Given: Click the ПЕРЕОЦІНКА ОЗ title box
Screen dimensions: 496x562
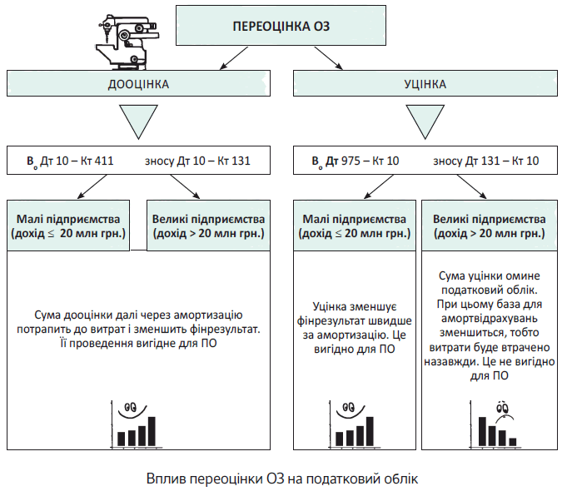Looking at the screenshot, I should pyautogui.click(x=280, y=25).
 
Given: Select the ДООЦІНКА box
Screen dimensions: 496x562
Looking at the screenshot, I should pyautogui.click(x=139, y=84).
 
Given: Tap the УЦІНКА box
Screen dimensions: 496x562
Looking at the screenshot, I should pyautogui.click(x=425, y=84).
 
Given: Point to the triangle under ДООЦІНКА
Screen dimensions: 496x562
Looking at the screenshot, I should pyautogui.click(x=140, y=121).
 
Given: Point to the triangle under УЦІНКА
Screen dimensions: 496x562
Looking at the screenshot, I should pyautogui.click(x=425, y=121).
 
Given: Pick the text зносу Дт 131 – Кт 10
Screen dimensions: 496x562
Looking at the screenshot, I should pyautogui.click(x=485, y=161).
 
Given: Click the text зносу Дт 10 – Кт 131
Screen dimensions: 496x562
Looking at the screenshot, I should pyautogui.click(x=196, y=161).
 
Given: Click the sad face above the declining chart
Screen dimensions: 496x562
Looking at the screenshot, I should pyautogui.click(x=503, y=409).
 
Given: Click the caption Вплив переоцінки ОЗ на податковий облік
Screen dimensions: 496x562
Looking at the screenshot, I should pyautogui.click(x=281, y=479).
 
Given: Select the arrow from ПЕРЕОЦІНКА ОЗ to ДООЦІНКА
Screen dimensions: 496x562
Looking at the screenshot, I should pyautogui.click(x=234, y=57).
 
